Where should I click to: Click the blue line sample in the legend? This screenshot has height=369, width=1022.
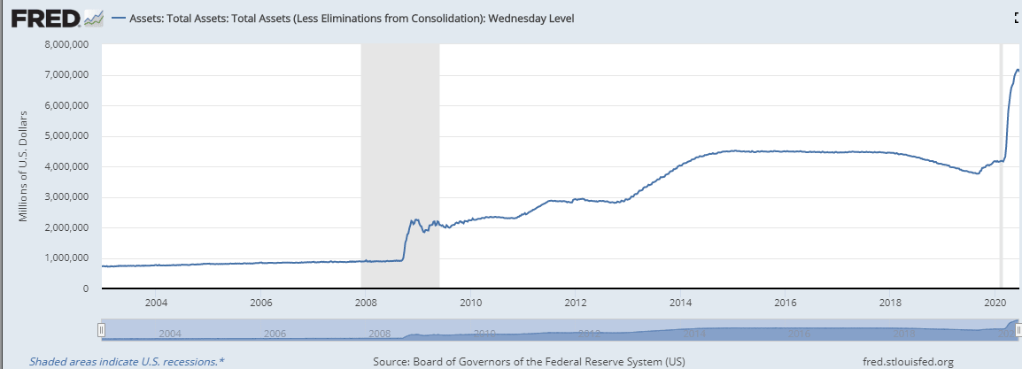click(119, 18)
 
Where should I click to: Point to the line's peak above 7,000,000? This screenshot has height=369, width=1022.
click(1018, 69)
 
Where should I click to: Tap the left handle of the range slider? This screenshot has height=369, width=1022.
click(102, 330)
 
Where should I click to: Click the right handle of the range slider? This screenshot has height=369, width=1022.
click(1018, 330)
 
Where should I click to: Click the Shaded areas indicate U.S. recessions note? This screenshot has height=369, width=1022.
click(127, 361)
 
